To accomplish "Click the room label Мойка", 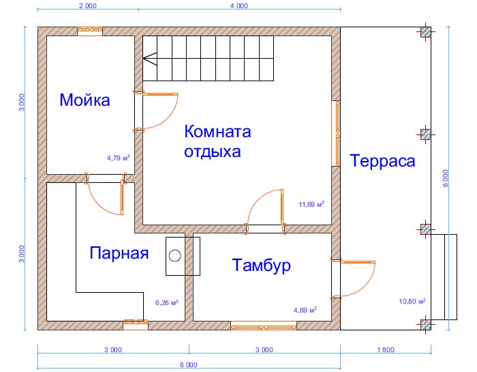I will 84,101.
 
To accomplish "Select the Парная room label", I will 119,253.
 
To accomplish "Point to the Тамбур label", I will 261,265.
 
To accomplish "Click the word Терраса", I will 382,161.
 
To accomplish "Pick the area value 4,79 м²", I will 118,157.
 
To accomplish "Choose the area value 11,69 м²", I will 311,203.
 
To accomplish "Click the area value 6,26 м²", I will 166,302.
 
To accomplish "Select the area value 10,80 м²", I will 412,301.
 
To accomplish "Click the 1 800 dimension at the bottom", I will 384,350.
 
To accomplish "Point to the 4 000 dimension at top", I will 238,5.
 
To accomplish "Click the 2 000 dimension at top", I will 88,5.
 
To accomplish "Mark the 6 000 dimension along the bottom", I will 189,364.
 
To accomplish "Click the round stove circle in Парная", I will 175,256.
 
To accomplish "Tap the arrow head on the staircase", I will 148,59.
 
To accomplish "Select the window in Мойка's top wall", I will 90,31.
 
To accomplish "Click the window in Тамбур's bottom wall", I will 264,326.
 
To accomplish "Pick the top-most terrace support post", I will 425,31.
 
